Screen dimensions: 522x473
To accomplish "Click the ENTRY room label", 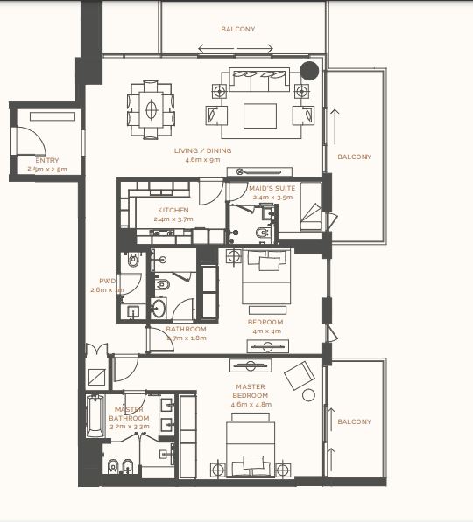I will [x=46, y=160].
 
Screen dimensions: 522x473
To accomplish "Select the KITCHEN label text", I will [x=173, y=211].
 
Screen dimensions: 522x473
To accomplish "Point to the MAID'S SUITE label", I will [x=272, y=188].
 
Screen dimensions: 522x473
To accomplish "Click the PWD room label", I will [x=107, y=281].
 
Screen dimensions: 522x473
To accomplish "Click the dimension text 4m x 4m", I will [x=265, y=331].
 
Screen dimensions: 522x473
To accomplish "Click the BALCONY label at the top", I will [x=238, y=29].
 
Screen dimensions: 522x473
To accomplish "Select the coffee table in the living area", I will [x=260, y=115].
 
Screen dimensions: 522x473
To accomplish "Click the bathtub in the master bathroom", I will [x=94, y=417].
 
